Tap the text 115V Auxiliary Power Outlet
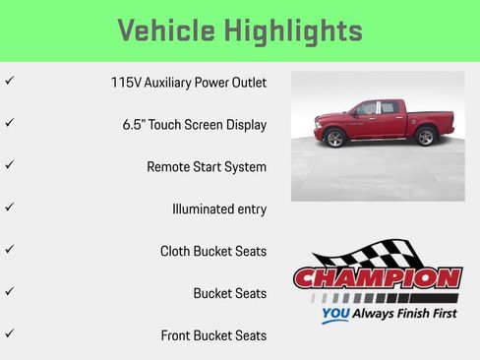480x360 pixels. click(x=188, y=83)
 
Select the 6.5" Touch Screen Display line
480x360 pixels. click(x=194, y=125)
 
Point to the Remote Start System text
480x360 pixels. click(x=207, y=167)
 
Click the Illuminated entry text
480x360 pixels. click(x=218, y=210)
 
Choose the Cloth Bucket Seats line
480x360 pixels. click(x=212, y=251)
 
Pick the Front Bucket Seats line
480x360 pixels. click(x=213, y=335)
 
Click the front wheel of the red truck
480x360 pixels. click(x=335, y=138)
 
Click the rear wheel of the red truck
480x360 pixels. click(x=425, y=137)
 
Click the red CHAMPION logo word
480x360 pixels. click(x=377, y=278)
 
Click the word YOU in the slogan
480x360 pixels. click(x=334, y=316)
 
